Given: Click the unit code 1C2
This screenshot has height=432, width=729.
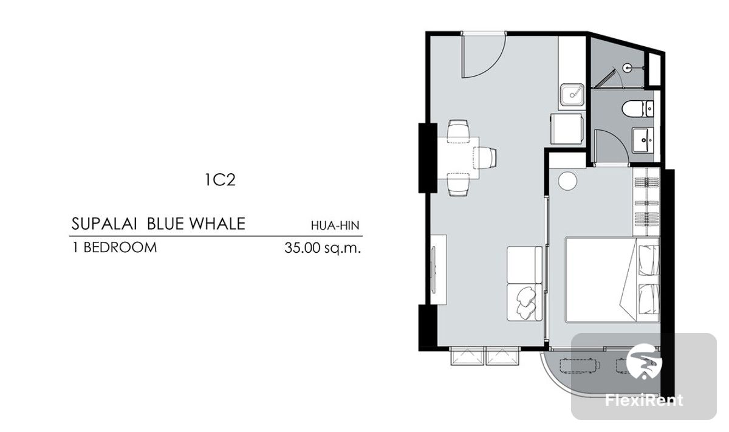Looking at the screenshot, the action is (220, 180).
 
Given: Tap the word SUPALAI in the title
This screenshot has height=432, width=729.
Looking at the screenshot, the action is (104, 224).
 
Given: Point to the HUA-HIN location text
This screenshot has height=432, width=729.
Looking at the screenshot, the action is (335, 225).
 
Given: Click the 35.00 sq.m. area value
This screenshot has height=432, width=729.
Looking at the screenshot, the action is (323, 248).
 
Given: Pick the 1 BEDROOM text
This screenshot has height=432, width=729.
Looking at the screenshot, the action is (115, 248).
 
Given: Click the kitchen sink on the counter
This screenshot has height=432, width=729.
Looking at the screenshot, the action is (572, 95).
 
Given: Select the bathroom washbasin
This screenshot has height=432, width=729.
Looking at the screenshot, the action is (643, 140).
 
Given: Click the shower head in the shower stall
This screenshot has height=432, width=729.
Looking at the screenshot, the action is (627, 67).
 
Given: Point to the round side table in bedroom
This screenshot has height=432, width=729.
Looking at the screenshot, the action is (567, 180).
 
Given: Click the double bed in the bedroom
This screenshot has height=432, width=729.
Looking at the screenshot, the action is (612, 280).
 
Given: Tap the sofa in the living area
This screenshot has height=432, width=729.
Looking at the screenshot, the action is (525, 284).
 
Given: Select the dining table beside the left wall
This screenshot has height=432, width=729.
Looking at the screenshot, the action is (458, 158).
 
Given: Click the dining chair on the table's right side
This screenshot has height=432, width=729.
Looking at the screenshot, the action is (485, 158).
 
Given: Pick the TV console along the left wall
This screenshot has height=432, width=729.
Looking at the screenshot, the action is (439, 270).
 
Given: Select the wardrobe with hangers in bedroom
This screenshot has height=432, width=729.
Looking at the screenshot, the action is (646, 202).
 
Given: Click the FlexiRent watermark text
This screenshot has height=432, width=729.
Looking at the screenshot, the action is (644, 400).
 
